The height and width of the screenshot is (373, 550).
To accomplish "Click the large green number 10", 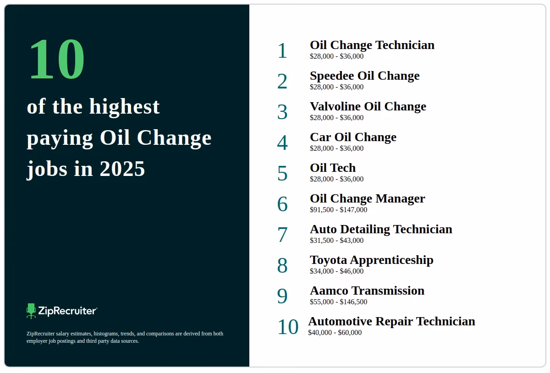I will pos(56,60).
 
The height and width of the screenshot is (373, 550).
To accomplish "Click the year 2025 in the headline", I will pos(122,169).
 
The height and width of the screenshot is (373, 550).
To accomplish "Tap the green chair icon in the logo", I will pos(31,311).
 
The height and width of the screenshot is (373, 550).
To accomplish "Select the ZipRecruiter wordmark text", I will pos(67,311).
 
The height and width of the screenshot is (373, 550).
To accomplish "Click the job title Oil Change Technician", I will pos(372,45).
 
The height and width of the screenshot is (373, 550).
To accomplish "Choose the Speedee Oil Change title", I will pos(364,76).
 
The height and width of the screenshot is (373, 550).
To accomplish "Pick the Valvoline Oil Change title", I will pos(368,106).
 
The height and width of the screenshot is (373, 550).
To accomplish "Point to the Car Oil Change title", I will pos(353,137).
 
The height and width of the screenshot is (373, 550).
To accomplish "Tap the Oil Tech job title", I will pos(333,168).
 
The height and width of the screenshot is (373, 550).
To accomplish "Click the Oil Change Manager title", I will pos(367,198).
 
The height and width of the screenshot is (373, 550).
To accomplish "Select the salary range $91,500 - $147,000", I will pos(338,210).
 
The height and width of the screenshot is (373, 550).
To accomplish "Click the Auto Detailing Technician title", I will pos(381,229).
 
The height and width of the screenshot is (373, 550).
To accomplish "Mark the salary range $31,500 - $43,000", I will pos(336,241).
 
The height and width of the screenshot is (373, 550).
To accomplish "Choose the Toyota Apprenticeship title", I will pos(371,260).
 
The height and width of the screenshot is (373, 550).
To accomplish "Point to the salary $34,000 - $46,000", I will pos(336,271).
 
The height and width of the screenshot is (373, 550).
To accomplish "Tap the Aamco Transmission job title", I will pos(367,291).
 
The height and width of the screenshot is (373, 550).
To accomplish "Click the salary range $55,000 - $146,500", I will pos(338,302).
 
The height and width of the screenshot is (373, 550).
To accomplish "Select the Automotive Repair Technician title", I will pos(391,321).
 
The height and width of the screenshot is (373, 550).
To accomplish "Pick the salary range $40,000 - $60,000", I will pos(335,333).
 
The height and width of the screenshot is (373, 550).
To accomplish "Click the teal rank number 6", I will pos(282,204).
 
